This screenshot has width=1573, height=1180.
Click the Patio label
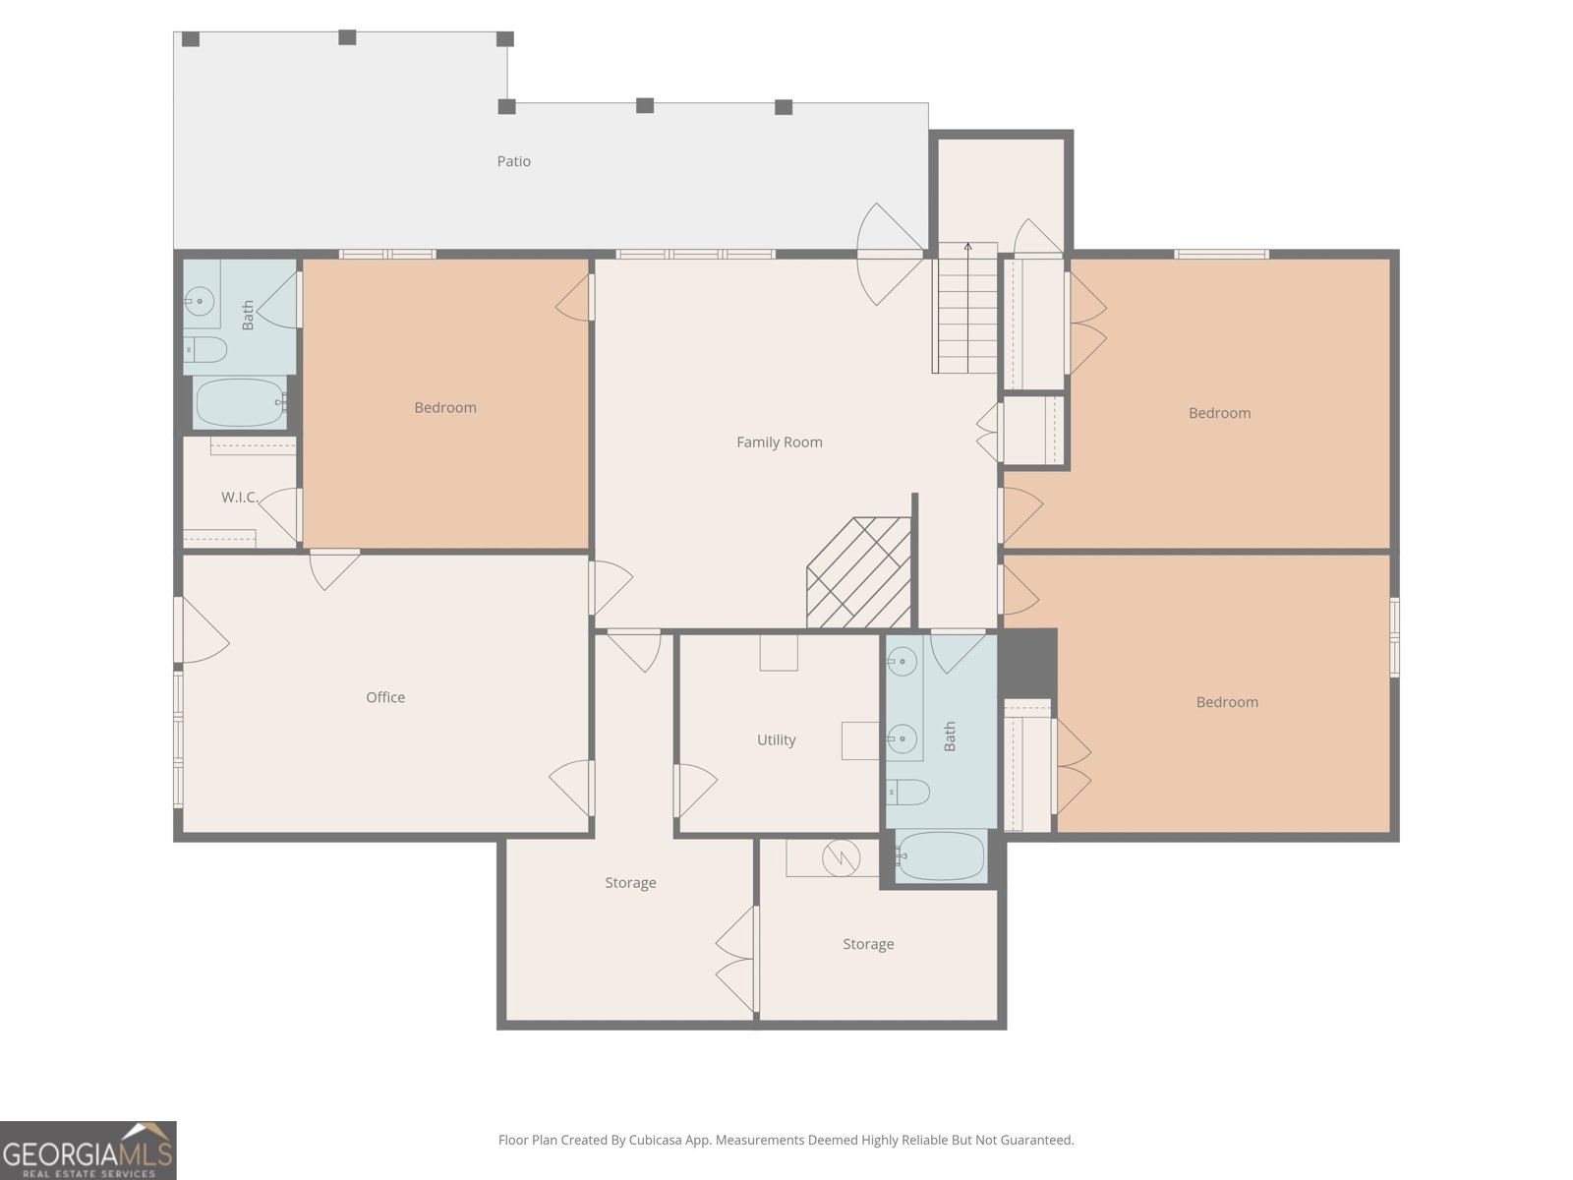(x=513, y=161)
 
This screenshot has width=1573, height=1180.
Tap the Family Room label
(x=779, y=442)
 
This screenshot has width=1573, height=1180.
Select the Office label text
(x=385, y=697)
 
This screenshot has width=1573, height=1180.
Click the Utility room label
(x=776, y=740)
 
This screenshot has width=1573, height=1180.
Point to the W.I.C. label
(x=238, y=498)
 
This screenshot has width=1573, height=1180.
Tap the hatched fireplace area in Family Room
(x=859, y=574)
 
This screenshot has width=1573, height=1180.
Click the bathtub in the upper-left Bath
(x=240, y=403)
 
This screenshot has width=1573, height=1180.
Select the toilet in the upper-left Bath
(x=206, y=349)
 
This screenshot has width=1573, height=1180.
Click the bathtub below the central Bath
(x=941, y=856)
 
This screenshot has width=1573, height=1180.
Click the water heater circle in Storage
(x=841, y=858)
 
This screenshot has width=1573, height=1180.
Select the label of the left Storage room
(x=630, y=883)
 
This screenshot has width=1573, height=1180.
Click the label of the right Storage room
(x=868, y=944)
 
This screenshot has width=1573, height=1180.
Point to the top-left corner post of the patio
(x=191, y=39)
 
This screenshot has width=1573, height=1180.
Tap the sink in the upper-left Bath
(x=201, y=301)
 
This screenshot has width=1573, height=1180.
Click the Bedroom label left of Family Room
(x=444, y=407)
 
